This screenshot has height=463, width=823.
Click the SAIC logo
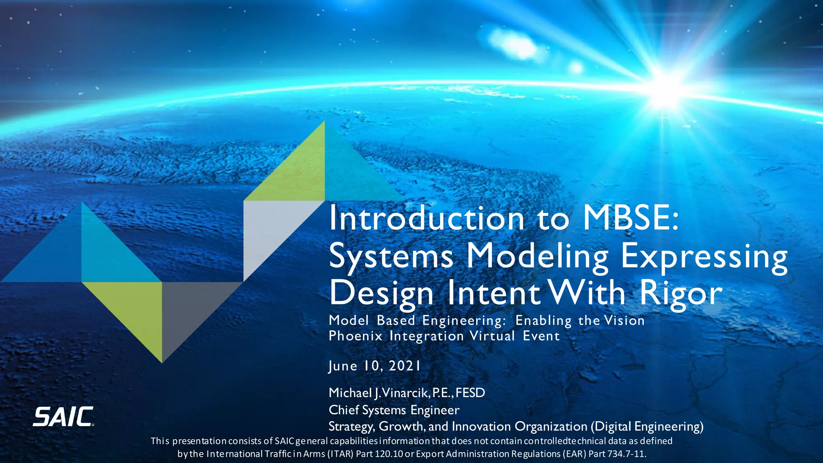[x=63, y=417]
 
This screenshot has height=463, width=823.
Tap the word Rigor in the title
[x=681, y=293]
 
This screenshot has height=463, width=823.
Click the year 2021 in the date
[x=405, y=366]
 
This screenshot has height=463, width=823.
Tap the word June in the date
[x=343, y=366]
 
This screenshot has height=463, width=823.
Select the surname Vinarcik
[x=406, y=393]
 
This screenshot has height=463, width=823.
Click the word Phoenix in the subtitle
[x=355, y=336]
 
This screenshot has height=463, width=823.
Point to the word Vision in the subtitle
[x=624, y=320]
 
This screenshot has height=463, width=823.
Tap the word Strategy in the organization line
[x=351, y=426]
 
